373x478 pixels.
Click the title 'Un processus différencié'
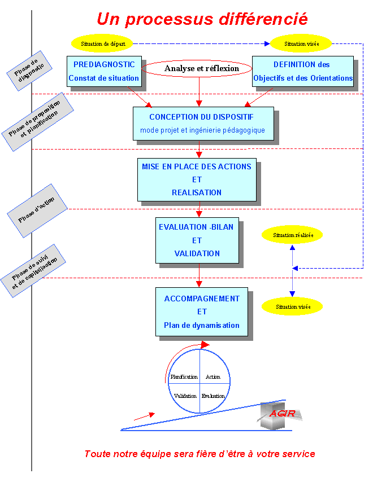[202, 19]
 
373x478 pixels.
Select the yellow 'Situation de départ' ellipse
[102, 43]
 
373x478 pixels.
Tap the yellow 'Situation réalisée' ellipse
[292, 235]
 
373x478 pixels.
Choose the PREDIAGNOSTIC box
[104, 71]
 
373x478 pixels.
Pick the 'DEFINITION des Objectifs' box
[303, 71]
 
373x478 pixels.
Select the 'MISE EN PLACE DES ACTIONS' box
[197, 179]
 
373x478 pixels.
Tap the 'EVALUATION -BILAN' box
[197, 240]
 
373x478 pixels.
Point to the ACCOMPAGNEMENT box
[202, 312]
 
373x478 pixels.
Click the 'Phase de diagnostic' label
[30, 71]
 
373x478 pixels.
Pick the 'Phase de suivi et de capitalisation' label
[34, 271]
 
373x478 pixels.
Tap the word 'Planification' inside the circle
[184, 376]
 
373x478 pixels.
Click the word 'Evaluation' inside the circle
[213, 396]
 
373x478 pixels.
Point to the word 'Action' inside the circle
[213, 376]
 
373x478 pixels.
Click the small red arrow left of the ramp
[144, 416]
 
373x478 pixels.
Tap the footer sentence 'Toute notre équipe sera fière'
[199, 454]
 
